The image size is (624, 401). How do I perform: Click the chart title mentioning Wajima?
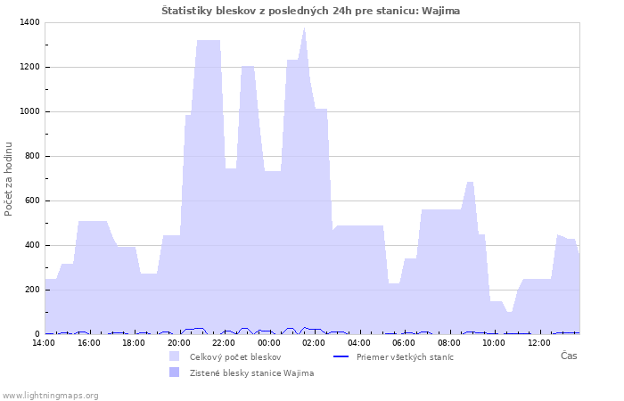(310, 11)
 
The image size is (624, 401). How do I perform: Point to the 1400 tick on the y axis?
(29, 22)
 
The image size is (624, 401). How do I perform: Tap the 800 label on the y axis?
(32, 156)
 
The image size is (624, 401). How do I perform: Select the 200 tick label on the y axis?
(32, 290)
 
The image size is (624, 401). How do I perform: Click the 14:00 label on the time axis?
(44, 343)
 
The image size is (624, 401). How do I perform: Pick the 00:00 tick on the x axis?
(269, 343)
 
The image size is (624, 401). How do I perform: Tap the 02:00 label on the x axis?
(314, 343)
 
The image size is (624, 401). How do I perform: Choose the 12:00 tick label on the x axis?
(539, 343)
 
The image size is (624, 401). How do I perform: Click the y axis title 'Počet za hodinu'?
(8, 179)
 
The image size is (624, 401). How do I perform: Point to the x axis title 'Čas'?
(569, 356)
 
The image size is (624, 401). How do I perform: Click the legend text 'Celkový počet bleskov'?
(235, 357)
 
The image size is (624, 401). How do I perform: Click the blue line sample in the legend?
(341, 356)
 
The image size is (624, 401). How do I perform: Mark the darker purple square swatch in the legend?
(175, 372)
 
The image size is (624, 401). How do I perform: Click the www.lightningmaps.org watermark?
(49, 396)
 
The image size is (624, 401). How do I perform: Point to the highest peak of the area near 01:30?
(305, 28)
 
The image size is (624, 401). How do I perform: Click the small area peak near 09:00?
(470, 182)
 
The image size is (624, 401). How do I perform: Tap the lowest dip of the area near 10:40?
(509, 312)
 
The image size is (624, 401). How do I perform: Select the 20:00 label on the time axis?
(179, 343)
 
